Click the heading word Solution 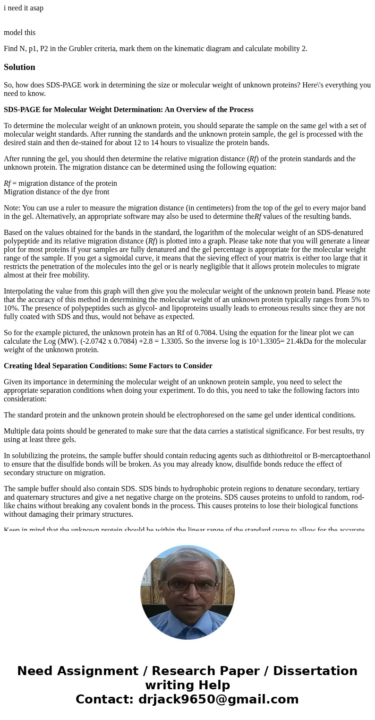(19, 67)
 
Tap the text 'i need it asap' (24, 8)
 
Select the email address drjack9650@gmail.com (218, 699)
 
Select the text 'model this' (19, 33)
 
